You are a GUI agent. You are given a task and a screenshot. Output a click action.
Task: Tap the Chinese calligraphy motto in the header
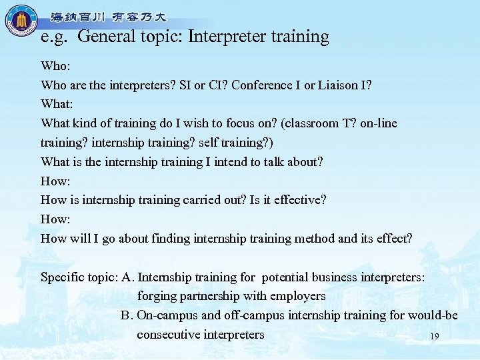109,17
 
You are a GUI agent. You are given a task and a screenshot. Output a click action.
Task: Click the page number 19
435,337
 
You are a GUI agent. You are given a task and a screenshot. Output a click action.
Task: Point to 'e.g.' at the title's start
55,37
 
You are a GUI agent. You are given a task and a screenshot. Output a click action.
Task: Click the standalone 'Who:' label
55,66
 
